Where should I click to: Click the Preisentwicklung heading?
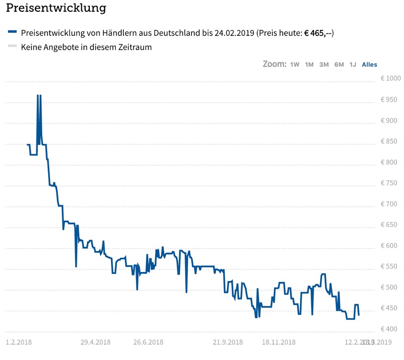pos(56,8)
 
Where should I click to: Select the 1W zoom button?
pos(295,64)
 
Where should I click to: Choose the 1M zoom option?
pos(309,64)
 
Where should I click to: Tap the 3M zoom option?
pos(324,64)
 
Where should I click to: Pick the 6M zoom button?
pos(339,64)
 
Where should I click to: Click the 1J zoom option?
pos(353,64)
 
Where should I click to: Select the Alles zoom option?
pos(370,64)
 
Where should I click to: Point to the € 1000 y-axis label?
pos(391,79)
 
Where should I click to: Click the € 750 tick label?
pos(391,183)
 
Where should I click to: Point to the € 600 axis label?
pos(391,246)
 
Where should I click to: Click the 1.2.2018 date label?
pos(18,342)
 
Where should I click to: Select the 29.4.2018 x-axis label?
pos(95,342)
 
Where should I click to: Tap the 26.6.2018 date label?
pos(148,342)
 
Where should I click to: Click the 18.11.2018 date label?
pos(278,342)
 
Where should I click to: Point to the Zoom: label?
pos(274,64)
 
